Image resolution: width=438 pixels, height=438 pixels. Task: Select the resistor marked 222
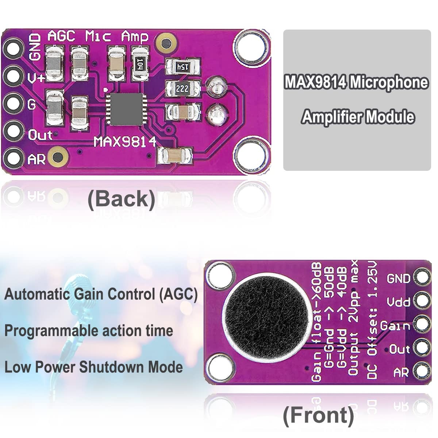(x=182, y=88)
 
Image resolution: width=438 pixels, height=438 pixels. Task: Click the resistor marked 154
(x=182, y=67)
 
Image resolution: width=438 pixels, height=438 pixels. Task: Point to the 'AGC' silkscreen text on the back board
(x=61, y=36)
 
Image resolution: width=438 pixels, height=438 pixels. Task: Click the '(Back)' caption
(x=122, y=199)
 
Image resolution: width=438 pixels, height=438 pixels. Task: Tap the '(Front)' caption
(x=318, y=415)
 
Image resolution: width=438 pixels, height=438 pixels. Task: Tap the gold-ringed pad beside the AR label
(x=58, y=157)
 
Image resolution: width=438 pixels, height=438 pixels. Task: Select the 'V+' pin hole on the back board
(x=13, y=76)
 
